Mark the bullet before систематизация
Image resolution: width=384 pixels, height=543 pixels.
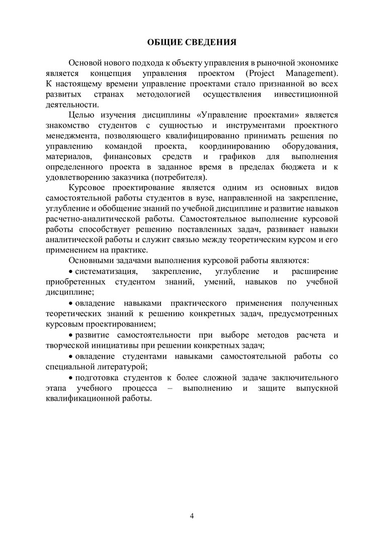click(x=71, y=271)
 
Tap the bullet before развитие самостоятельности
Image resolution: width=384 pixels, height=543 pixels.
click(x=71, y=335)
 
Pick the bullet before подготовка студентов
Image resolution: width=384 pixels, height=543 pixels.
click(x=71, y=378)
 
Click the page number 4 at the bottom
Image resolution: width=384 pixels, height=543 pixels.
click(x=192, y=516)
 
